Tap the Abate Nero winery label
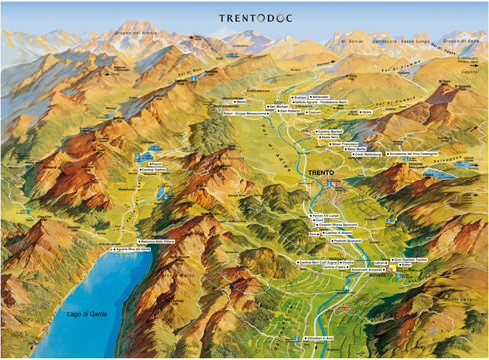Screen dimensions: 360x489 (328, 136)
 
